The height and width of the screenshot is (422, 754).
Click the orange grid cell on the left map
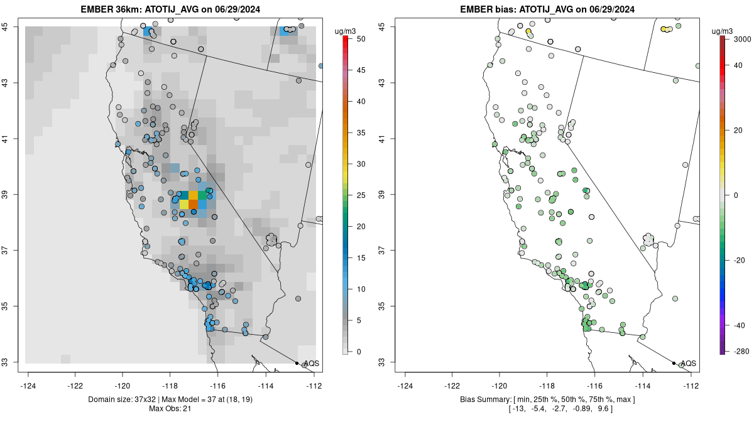click(x=194, y=204)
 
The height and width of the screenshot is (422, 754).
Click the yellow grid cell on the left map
click(x=184, y=204)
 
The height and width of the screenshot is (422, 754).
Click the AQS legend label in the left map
click(x=311, y=364)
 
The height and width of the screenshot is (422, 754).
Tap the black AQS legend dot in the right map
click(x=674, y=364)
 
